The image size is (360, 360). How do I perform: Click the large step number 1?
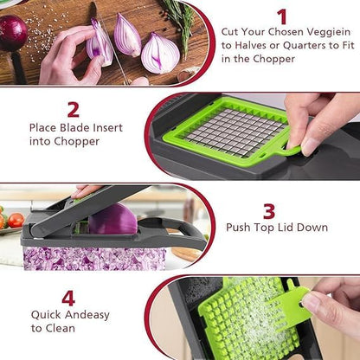coord(282,16)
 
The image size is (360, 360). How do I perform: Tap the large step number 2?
coord(73,109)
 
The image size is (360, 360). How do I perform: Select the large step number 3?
coord(269,210)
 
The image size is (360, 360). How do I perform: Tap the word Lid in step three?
coord(283,228)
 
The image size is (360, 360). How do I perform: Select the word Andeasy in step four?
coord(84,315)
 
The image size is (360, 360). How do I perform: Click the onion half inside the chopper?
coord(112,220)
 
